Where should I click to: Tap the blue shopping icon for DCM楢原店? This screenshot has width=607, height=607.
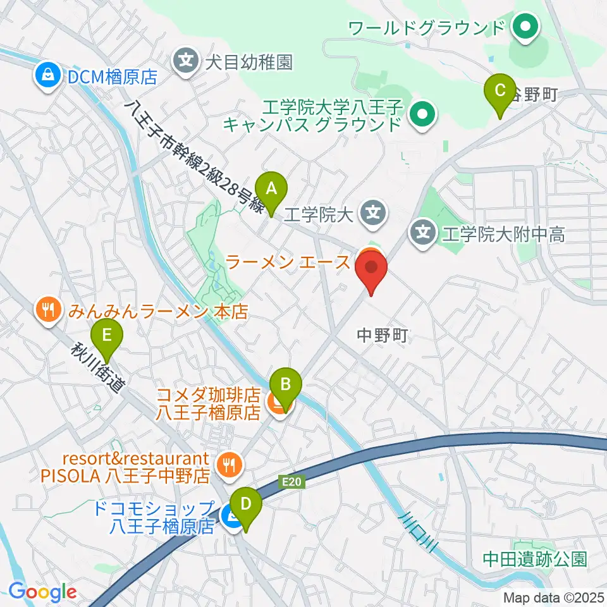click(x=47, y=77)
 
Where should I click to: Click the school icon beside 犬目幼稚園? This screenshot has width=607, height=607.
click(x=185, y=62)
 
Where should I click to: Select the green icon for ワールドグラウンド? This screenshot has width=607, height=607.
click(x=524, y=27)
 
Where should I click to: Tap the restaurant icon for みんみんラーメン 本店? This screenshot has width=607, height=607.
click(x=49, y=310)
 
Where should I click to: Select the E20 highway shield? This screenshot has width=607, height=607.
click(x=290, y=482)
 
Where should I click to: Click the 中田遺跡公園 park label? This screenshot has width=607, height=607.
click(x=535, y=559)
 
